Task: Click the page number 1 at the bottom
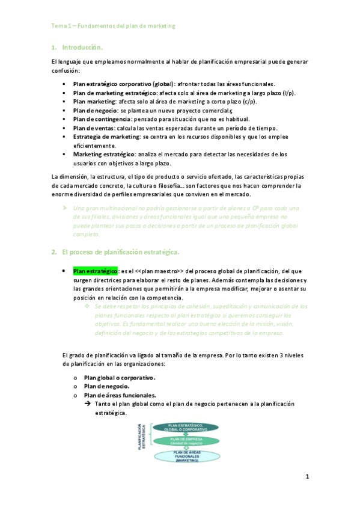click(x=307, y=477)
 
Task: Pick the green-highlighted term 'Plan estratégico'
click(x=95, y=271)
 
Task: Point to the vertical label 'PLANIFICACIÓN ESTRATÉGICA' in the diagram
click(x=143, y=436)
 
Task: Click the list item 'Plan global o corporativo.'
click(x=119, y=378)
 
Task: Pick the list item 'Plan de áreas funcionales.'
click(x=120, y=395)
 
